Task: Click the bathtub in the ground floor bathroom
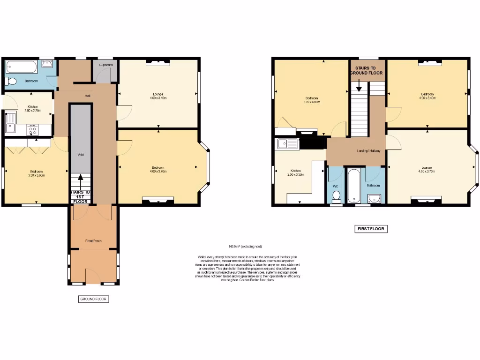pyautogui.click(x=22, y=67)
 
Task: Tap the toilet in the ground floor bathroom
pyautogui.click(x=11, y=82)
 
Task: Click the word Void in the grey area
pyautogui.click(x=80, y=155)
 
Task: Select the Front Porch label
pyautogui.click(x=94, y=241)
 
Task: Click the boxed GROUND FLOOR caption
pyautogui.click(x=94, y=299)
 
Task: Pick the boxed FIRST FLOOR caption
pyautogui.click(x=371, y=229)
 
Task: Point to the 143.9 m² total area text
pyautogui.click(x=245, y=247)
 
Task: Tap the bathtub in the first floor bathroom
pyautogui.click(x=352, y=185)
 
